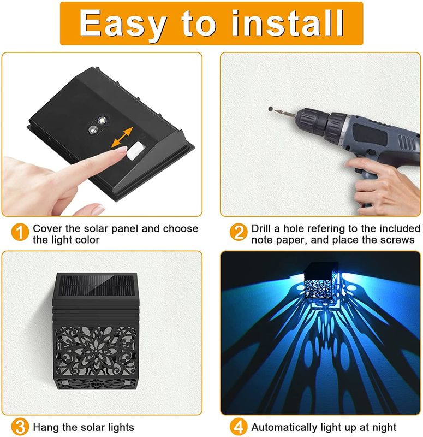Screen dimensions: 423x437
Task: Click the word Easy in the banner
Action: [x=122, y=25]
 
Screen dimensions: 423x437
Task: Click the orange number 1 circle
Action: [x=20, y=232]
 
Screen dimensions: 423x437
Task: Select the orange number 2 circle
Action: [x=239, y=232]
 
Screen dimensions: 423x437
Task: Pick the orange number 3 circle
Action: [x=20, y=427]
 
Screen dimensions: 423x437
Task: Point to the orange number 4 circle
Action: [x=239, y=427]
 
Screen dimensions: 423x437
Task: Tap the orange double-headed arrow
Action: [x=122, y=138]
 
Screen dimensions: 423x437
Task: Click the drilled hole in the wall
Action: [x=270, y=109]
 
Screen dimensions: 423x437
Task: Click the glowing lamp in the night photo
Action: [x=321, y=282]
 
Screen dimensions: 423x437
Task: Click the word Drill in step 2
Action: [x=261, y=228]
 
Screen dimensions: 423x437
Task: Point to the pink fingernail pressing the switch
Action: [x=122, y=149]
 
